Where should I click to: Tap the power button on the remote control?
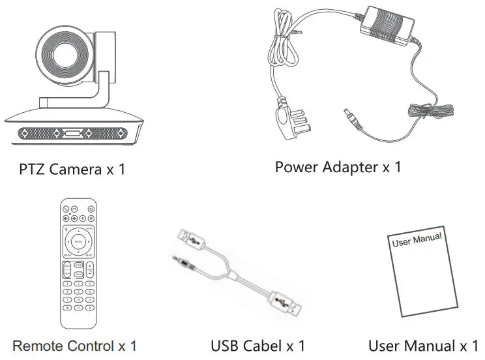point(91,208)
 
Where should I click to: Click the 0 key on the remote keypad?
point(78,307)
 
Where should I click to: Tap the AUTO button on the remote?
point(78,265)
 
